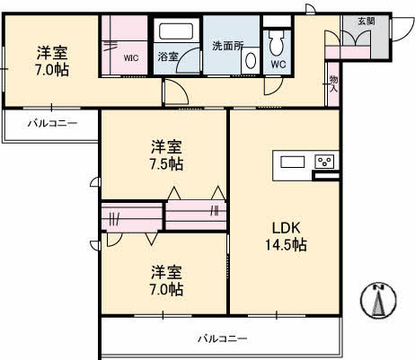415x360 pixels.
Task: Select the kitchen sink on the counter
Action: [x=294, y=162]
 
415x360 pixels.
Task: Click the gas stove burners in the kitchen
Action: [x=324, y=162]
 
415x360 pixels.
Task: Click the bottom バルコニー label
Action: [x=222, y=338]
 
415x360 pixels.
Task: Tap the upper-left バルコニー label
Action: [x=51, y=122]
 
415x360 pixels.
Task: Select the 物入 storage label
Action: [x=333, y=83]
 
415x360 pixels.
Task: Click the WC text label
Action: [x=278, y=65]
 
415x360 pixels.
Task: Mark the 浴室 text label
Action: [x=168, y=56]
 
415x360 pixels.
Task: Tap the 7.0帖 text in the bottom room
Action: [x=166, y=289]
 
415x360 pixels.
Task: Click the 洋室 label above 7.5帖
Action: [x=166, y=145]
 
